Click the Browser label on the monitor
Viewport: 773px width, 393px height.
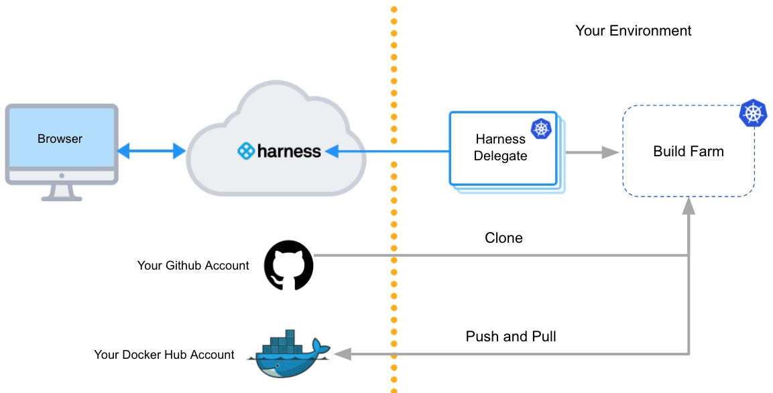(x=60, y=139)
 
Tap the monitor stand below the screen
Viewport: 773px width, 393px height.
(x=62, y=192)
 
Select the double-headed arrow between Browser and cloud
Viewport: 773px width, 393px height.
(x=151, y=152)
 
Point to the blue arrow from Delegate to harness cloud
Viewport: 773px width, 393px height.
(x=389, y=152)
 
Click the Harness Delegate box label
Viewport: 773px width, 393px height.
(x=501, y=148)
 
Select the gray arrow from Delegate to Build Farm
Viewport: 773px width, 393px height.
(x=590, y=153)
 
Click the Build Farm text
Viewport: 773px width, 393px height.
(x=689, y=152)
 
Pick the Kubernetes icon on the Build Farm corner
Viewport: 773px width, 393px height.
(x=753, y=113)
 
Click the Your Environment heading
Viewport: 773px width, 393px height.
(x=633, y=31)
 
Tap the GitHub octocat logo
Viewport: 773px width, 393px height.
(x=289, y=266)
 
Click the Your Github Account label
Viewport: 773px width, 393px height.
(x=193, y=266)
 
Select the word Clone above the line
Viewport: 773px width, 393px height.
(x=503, y=238)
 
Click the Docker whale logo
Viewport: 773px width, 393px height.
(x=288, y=354)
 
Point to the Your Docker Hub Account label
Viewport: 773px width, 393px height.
(x=164, y=354)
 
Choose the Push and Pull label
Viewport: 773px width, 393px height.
(x=511, y=336)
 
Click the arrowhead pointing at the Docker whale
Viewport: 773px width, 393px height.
(x=343, y=353)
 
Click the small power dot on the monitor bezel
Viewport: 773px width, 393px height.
(x=62, y=176)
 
